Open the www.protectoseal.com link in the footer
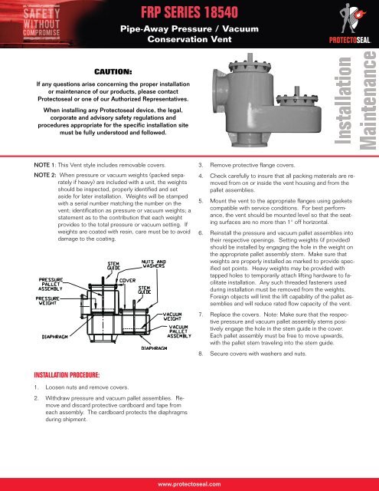point(190,484)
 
